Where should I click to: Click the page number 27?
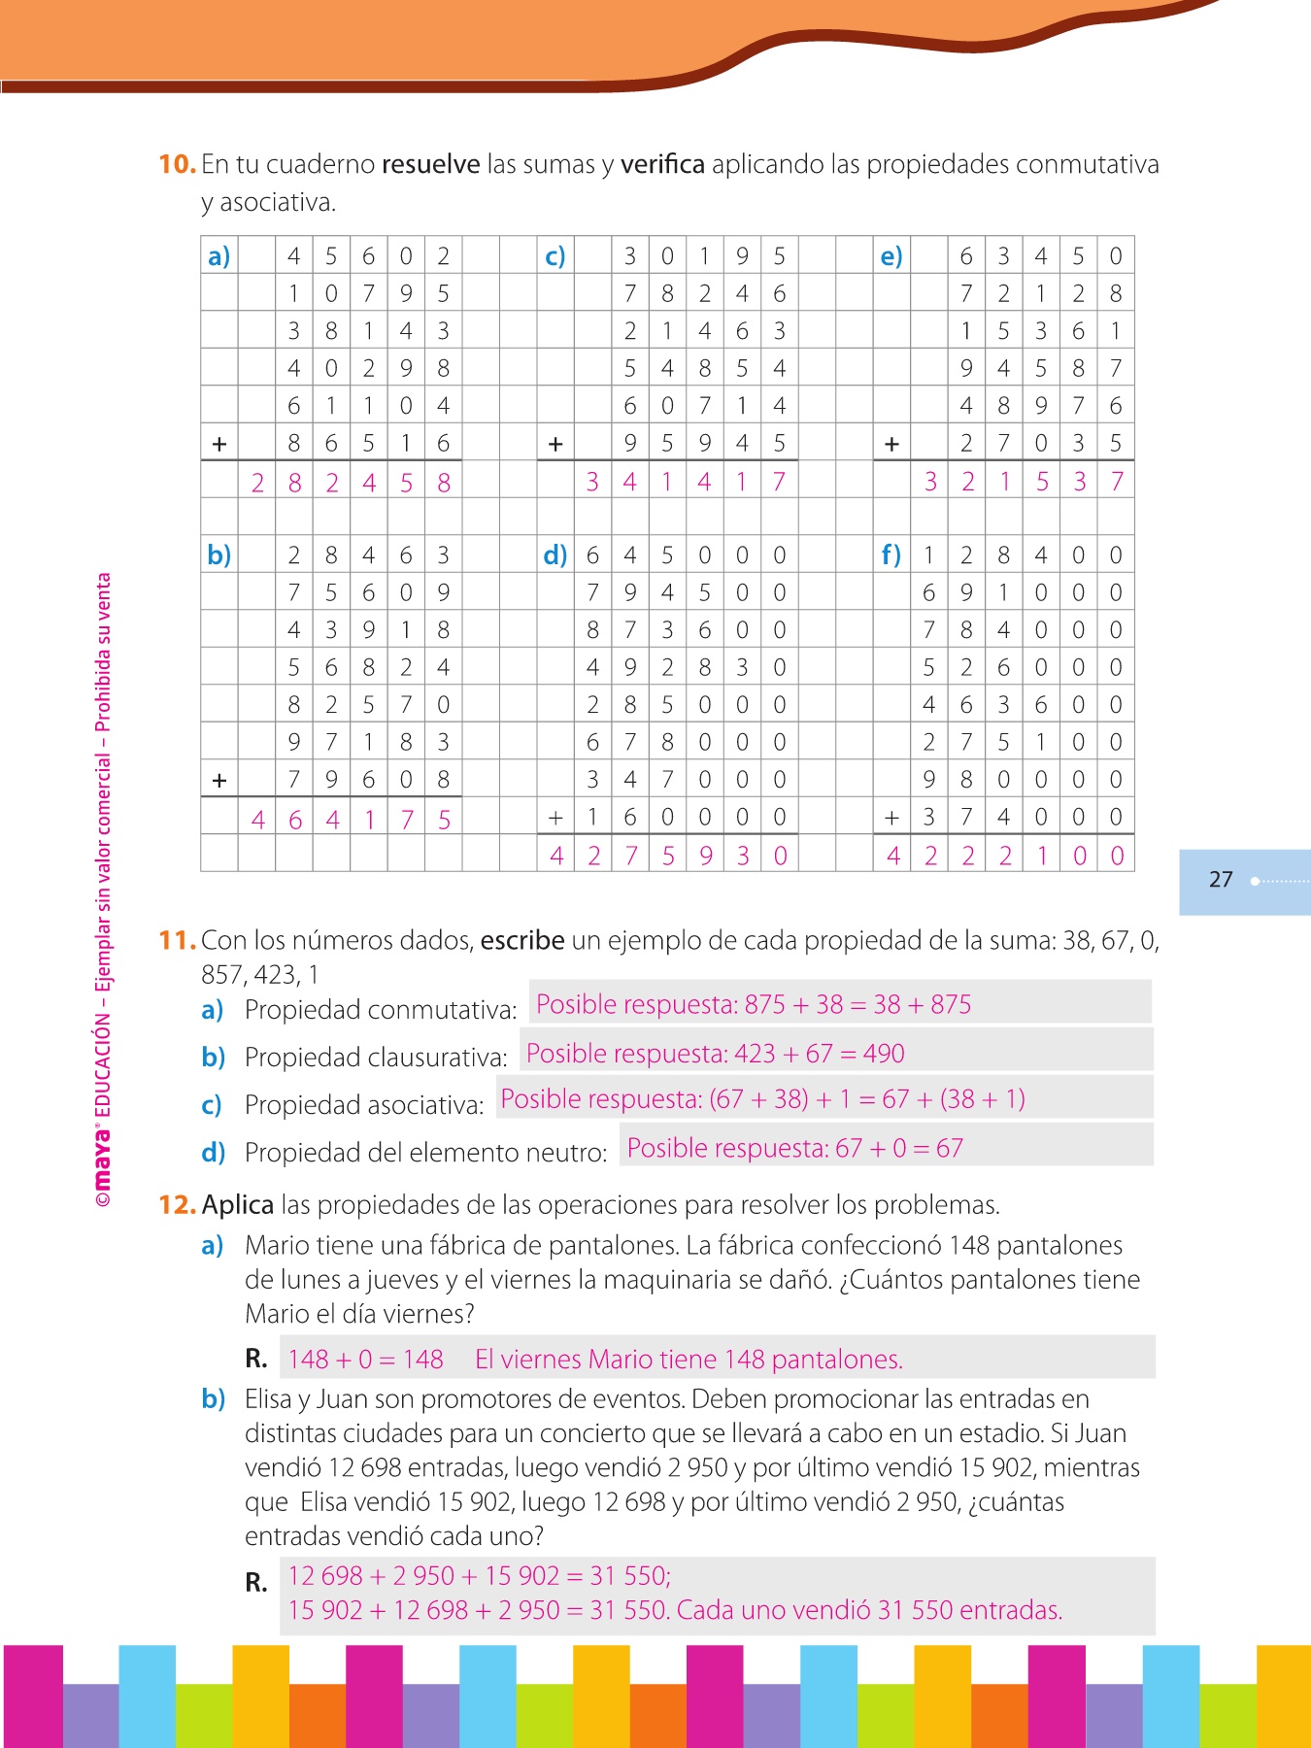1221,880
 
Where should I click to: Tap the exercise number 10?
177,164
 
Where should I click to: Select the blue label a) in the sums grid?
218,256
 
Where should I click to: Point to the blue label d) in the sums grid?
555,555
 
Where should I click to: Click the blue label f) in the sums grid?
891,555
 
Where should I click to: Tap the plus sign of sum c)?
555,444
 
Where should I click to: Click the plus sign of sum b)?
219,780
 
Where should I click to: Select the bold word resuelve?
430,164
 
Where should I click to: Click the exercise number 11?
177,940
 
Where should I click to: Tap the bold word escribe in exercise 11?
522,940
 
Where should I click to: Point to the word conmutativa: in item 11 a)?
451,1010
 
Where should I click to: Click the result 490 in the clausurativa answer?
883,1054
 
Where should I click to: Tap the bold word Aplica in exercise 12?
238,1205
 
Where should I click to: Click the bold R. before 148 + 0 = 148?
256,1359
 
